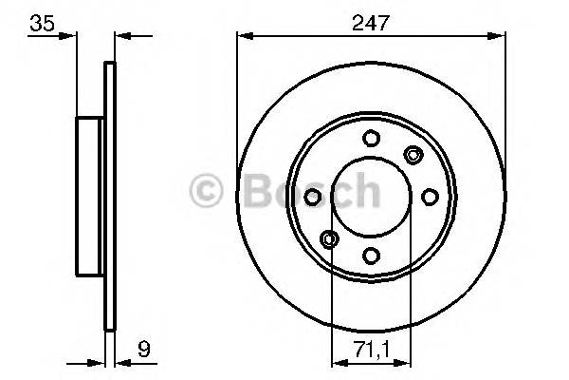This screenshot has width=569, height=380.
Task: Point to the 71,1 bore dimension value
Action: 371,347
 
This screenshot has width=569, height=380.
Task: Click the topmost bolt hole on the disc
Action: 370,138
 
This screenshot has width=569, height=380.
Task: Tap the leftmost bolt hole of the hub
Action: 311,196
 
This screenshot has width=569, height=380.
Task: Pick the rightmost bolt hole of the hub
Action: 429,196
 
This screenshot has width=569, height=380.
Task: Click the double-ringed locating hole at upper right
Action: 413,154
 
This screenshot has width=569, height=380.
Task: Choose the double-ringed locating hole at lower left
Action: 328,237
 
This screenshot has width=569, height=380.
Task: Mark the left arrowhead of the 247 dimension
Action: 243,36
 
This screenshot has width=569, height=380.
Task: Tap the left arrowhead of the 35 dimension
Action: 70,37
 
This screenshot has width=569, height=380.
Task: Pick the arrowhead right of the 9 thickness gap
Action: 120,362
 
